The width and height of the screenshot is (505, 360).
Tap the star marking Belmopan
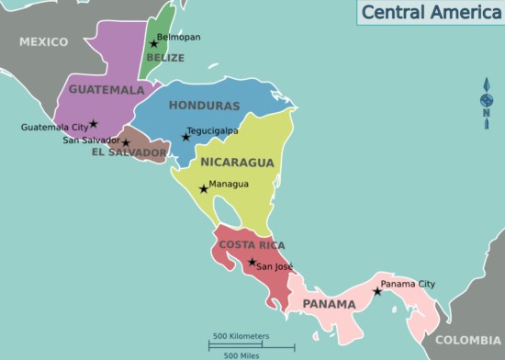(x=154, y=43)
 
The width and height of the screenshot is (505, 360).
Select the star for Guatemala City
(x=94, y=123)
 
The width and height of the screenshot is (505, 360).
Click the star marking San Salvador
(x=126, y=143)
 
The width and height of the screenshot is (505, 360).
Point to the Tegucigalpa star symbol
(x=185, y=137)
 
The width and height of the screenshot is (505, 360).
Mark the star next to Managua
(x=204, y=188)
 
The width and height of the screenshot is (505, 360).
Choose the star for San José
(x=252, y=263)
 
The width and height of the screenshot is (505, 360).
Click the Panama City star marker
(x=377, y=291)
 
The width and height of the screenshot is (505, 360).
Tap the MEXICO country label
(x=43, y=42)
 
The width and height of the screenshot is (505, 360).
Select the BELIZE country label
(x=165, y=58)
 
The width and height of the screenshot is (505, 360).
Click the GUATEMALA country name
(x=107, y=90)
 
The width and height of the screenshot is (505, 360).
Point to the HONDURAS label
(x=204, y=106)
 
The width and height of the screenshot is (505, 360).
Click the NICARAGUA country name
(x=237, y=163)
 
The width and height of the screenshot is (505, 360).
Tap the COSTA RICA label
(x=252, y=245)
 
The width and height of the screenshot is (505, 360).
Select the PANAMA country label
(x=329, y=304)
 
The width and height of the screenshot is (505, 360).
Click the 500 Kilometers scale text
(x=241, y=334)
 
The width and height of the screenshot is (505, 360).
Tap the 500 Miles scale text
(x=241, y=354)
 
